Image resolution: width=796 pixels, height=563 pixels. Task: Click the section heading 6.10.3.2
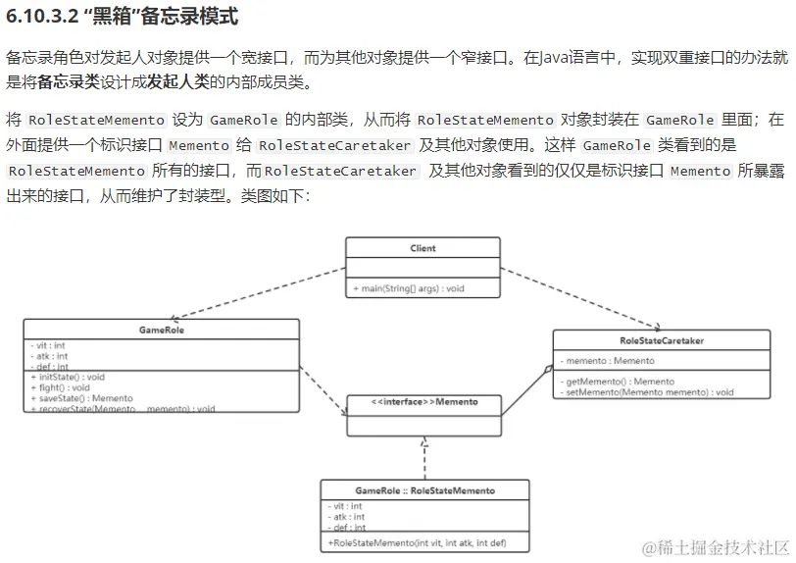tap(122, 19)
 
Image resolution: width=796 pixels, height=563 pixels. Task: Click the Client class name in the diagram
tap(423, 248)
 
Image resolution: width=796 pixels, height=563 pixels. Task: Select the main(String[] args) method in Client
tap(409, 289)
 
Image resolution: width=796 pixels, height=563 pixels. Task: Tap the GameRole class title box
tap(162, 331)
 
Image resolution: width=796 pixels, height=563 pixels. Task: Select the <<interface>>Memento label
tap(424, 402)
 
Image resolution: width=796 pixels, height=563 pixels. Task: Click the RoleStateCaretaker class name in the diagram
tap(662, 340)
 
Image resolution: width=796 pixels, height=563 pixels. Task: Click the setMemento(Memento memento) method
tap(648, 392)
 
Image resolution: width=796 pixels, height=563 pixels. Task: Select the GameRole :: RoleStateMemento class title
tap(424, 490)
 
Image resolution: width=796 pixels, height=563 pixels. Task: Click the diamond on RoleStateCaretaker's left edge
tap(549, 370)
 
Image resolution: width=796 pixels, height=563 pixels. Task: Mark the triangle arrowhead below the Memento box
tap(424, 442)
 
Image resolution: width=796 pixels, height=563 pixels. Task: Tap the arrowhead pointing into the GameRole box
tap(173, 317)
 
